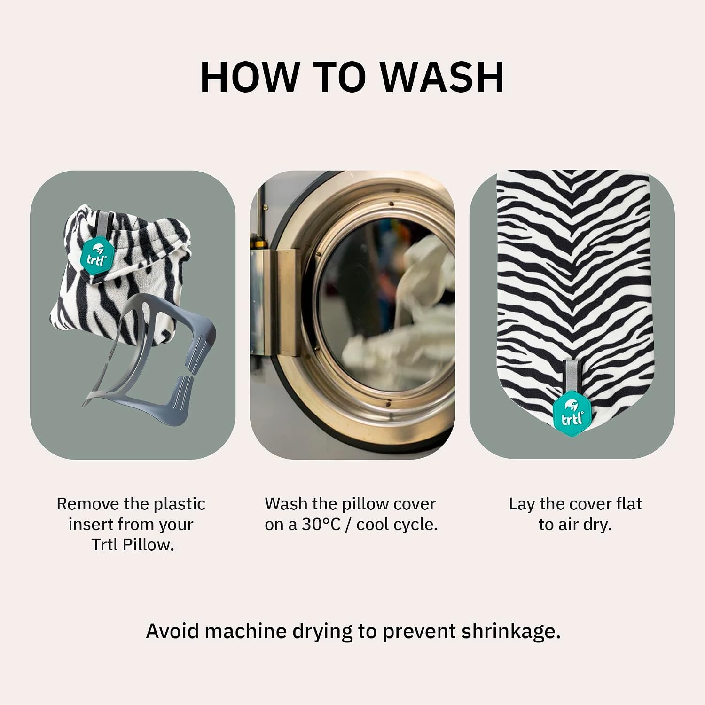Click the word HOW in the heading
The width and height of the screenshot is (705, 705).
pyautogui.click(x=249, y=77)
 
